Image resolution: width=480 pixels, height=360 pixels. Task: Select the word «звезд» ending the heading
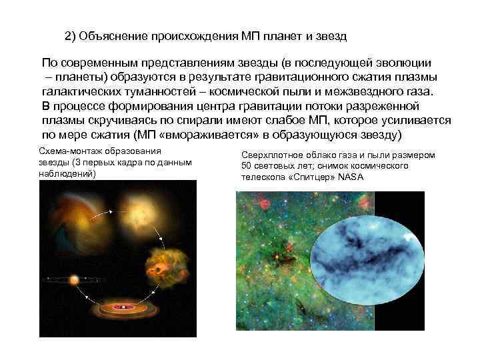332,35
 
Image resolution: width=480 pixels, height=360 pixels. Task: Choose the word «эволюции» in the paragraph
399,63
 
